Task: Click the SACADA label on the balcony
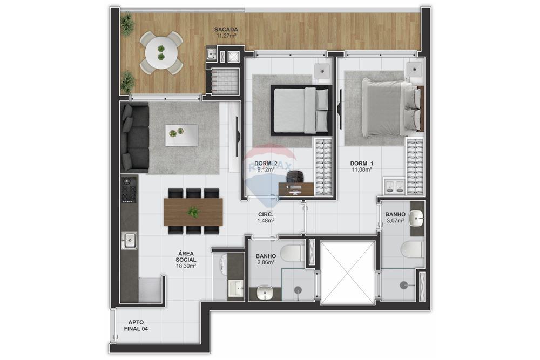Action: (226, 30)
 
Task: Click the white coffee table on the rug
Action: (181, 134)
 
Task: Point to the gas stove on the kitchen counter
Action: (130, 189)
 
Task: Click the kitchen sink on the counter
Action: (130, 240)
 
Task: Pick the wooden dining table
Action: (193, 212)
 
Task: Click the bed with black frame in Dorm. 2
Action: (300, 110)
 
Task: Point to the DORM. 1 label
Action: (361, 164)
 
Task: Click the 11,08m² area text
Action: (361, 170)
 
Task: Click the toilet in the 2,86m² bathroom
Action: (292, 252)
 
